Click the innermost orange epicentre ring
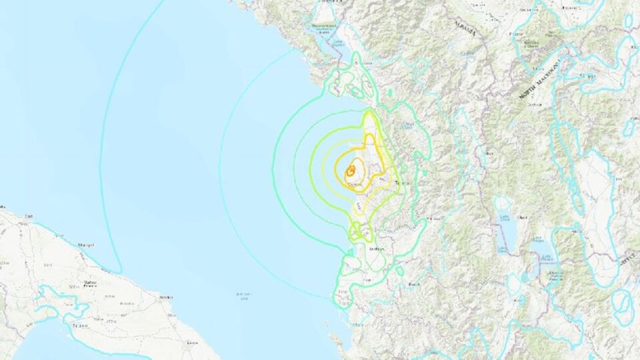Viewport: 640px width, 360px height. (x=350, y=171)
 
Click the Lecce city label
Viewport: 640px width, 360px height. (x=193, y=342)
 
